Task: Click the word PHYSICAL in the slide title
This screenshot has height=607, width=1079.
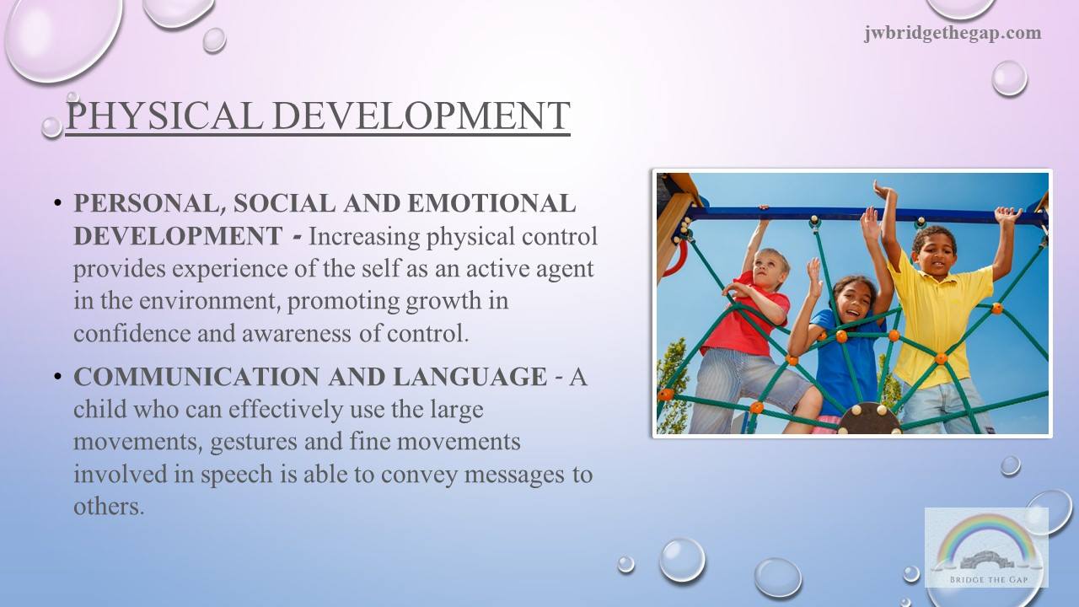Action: (x=164, y=115)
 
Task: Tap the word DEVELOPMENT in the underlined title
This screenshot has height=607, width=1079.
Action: (x=421, y=115)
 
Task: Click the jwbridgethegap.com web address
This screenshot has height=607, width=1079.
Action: (x=953, y=33)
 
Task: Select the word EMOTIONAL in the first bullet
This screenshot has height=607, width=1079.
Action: (x=491, y=203)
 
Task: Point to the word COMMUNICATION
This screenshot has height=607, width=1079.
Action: (x=196, y=376)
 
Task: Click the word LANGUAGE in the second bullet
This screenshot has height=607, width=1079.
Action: (x=470, y=376)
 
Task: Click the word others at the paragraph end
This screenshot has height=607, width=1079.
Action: (x=109, y=506)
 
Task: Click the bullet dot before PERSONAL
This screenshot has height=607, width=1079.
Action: (x=58, y=203)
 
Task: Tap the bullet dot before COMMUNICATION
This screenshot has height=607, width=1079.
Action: (x=58, y=376)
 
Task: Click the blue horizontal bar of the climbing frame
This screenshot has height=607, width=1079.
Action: (x=867, y=214)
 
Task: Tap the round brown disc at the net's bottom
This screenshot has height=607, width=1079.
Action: (x=869, y=419)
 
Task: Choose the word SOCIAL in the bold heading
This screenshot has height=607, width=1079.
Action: (x=285, y=203)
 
